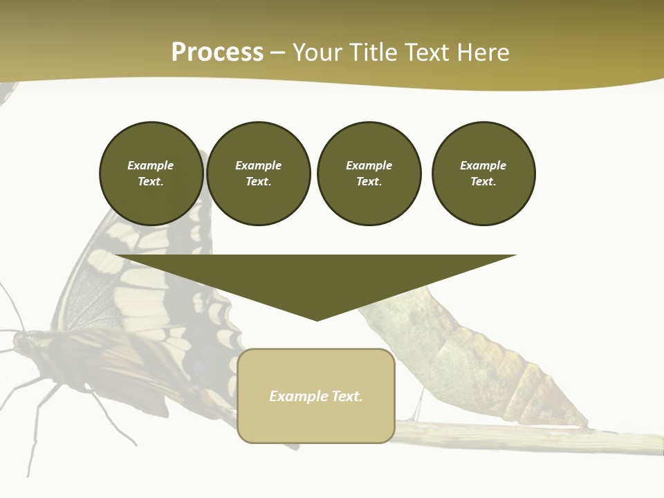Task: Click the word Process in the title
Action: [x=217, y=53]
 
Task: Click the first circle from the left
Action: [x=151, y=174]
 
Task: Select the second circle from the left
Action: [x=259, y=174]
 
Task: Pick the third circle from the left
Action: [x=369, y=174]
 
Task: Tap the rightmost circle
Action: [x=483, y=174]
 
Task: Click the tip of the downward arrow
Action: [x=317, y=319]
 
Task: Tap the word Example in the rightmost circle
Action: [x=483, y=165]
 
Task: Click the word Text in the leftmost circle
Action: [x=150, y=182]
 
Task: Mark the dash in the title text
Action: [x=278, y=53]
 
